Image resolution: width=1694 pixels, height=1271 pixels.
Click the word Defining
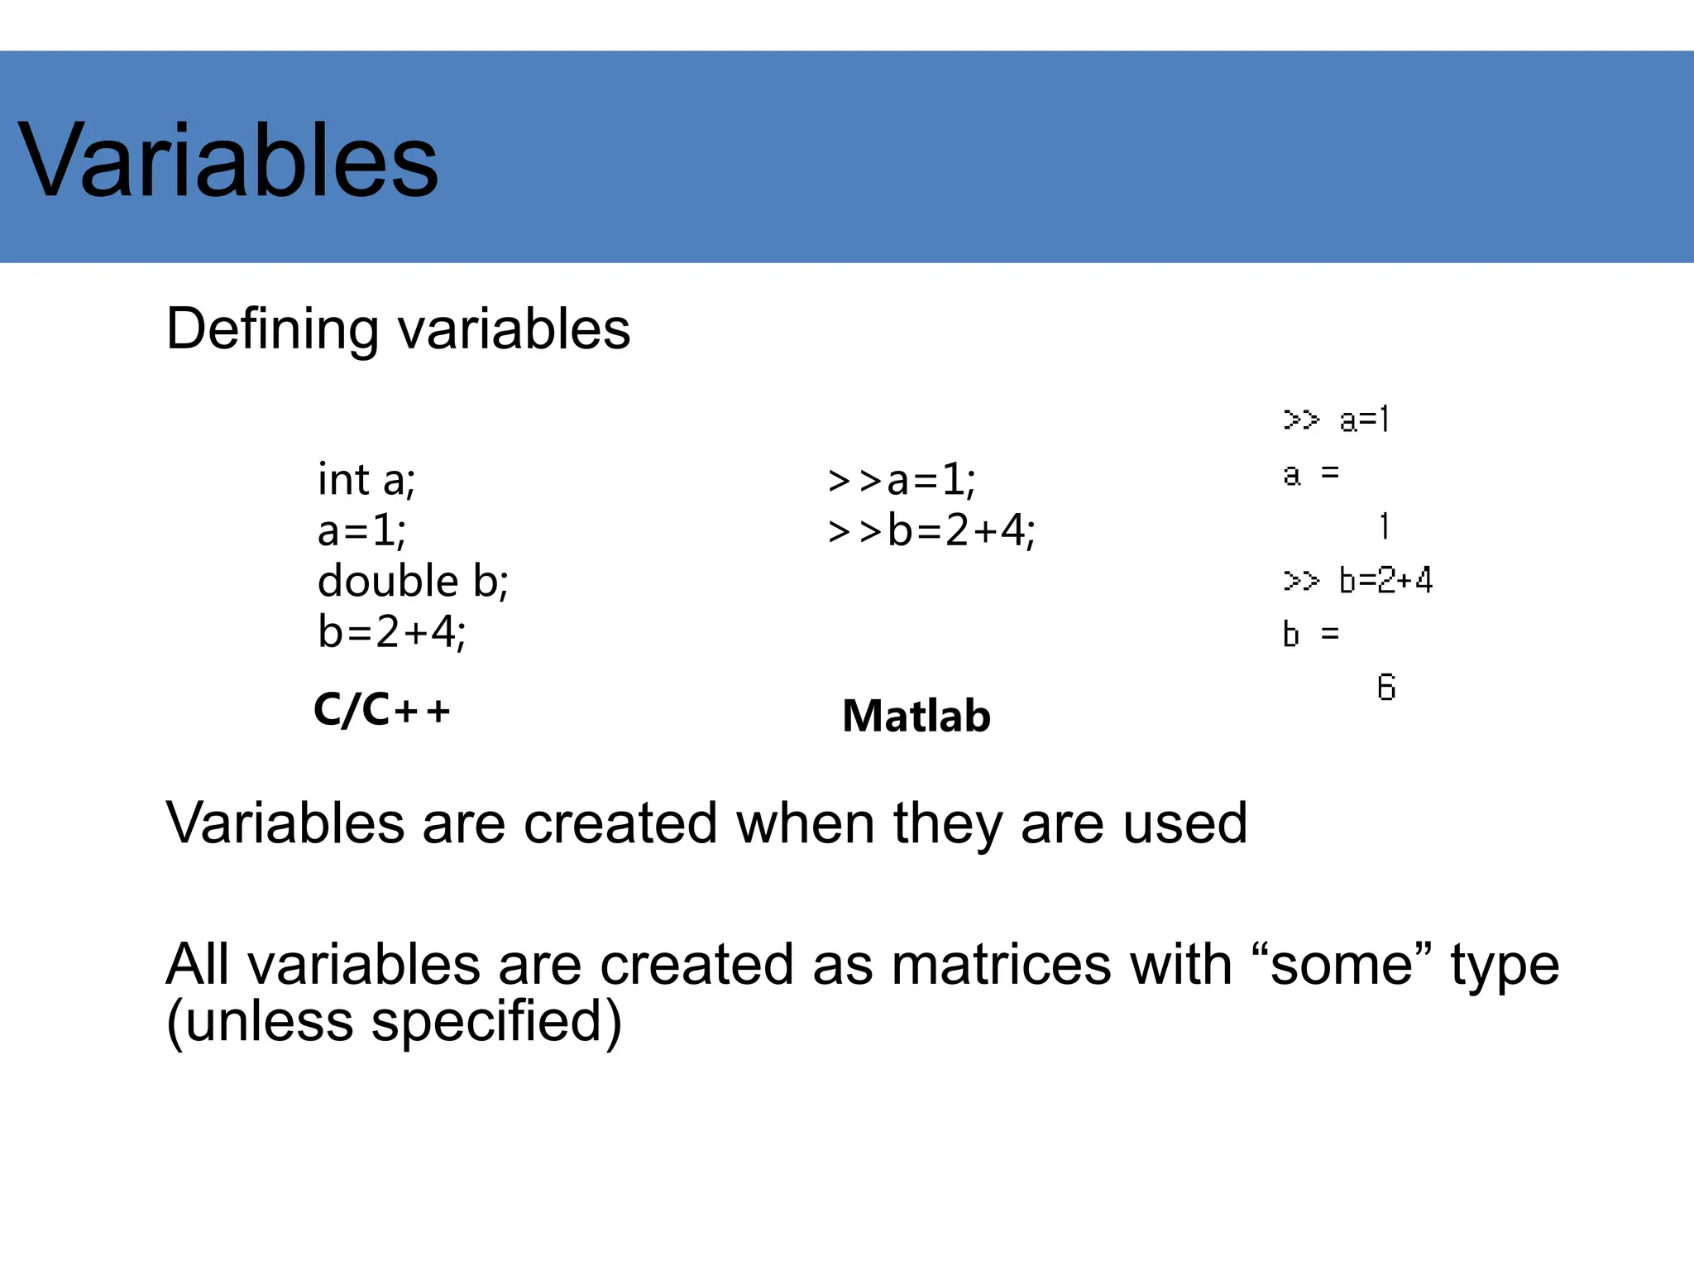pos(272,329)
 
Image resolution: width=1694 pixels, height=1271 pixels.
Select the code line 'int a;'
pos(366,479)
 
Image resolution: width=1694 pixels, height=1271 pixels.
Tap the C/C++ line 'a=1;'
pos(361,530)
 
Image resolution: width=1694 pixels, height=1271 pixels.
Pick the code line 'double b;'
pos(413,581)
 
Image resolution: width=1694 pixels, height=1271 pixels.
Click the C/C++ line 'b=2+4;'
pos(391,632)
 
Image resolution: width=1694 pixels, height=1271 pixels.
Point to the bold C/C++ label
pos(381,710)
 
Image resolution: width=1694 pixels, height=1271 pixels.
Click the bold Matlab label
pos(916,716)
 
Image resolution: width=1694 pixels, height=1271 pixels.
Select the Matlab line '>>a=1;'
pos(902,480)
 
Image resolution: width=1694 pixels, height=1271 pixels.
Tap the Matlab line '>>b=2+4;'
pos(931,530)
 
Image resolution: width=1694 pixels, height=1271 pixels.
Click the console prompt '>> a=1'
pos(1336,420)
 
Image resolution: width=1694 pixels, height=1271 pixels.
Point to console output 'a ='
pos(1310,474)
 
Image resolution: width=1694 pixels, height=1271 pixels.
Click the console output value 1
pos(1384,526)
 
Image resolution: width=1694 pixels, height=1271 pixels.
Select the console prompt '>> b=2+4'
pos(1357,580)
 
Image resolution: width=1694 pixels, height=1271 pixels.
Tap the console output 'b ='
pos(1310,635)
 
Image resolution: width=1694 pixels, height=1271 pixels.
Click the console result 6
pos(1386,688)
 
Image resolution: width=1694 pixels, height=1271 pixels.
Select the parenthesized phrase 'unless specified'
pos(394,1021)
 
